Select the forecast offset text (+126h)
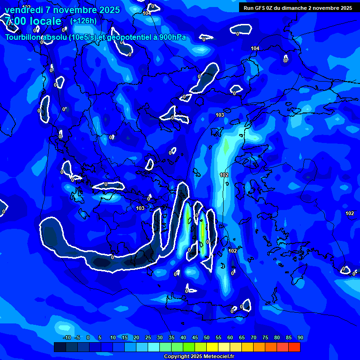pyautogui.click(x=83, y=21)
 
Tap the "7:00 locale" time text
pyautogui.click(x=33, y=21)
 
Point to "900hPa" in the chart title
pyautogui.click(x=173, y=37)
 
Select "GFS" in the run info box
pyautogui.click(x=262, y=8)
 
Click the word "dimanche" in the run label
pyautogui.click(x=295, y=8)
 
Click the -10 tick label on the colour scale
pyautogui.click(x=67, y=338)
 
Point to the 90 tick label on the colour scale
pyautogui.click(x=300, y=338)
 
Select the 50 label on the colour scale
pyautogui.click(x=207, y=338)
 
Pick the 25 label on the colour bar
pyautogui.click(x=148, y=338)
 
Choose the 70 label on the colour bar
pyautogui.click(x=254, y=338)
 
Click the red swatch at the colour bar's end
pyautogui.click(x=294, y=347)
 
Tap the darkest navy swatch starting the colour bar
pyautogui.click(x=60, y=347)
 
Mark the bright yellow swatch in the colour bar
pyautogui.click(x=212, y=347)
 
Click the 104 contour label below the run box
pyautogui.click(x=255, y=49)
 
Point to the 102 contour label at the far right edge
pyautogui.click(x=350, y=214)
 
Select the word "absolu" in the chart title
pyautogui.click(x=55, y=37)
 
